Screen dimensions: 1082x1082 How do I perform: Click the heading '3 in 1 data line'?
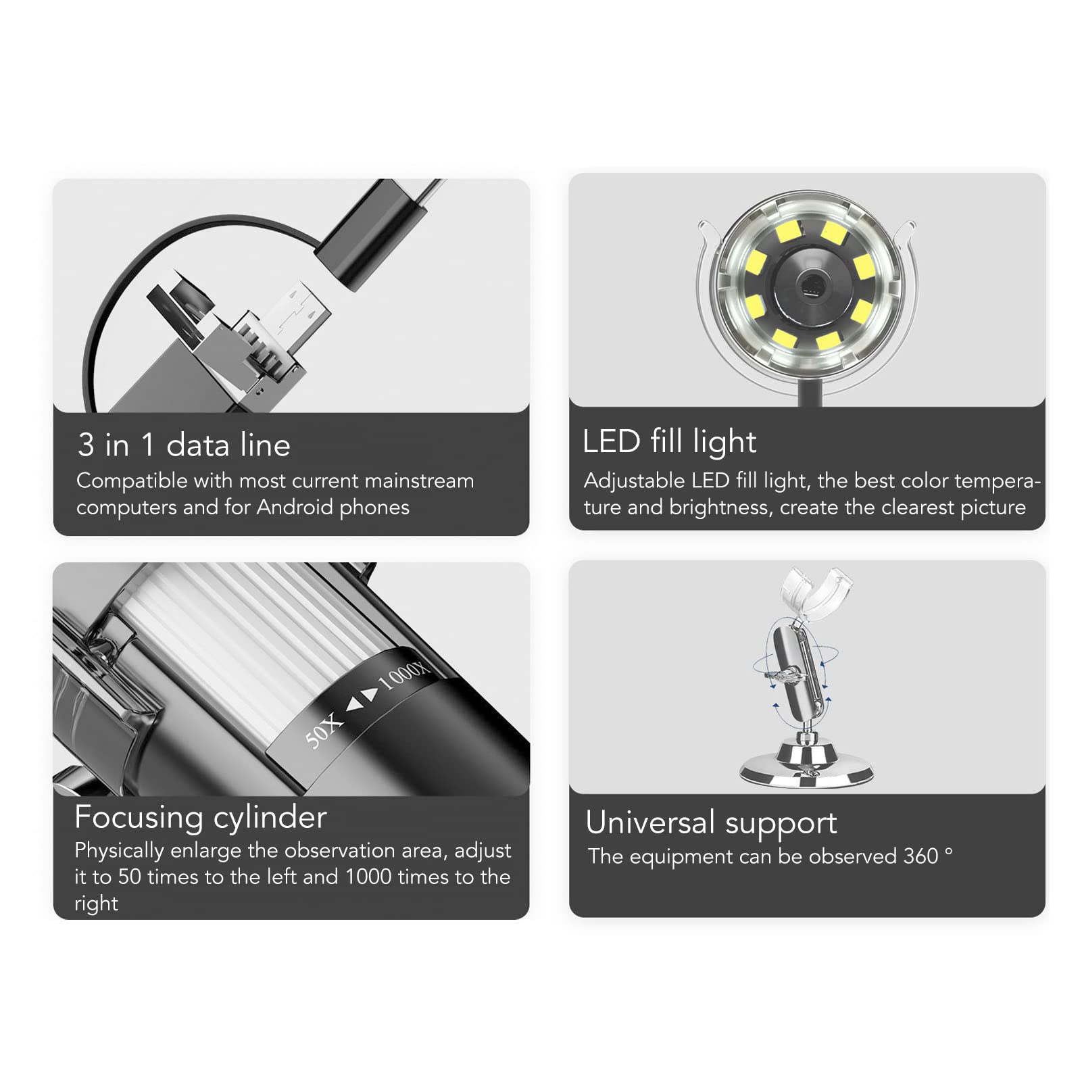click(184, 445)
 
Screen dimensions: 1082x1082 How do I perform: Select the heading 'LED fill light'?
click(669, 442)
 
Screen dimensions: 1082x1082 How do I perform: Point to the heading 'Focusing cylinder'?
click(201, 817)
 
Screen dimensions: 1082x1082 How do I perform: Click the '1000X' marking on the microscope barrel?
click(403, 675)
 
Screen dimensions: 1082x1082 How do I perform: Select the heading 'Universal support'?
click(711, 823)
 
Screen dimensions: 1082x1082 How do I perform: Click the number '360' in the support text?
click(920, 856)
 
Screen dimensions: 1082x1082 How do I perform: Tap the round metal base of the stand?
click(806, 768)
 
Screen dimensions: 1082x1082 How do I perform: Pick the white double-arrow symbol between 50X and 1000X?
click(362, 702)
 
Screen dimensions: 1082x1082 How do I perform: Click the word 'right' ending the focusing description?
click(96, 904)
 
